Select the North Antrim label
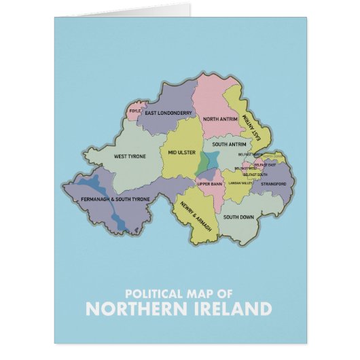click(221, 119)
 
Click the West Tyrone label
click(129, 156)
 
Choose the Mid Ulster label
click(181, 152)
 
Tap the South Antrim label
click(229, 145)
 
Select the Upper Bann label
click(210, 183)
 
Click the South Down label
click(238, 217)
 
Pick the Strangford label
click(273, 183)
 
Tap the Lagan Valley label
click(240, 183)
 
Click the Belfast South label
click(255, 175)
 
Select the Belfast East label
click(264, 165)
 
